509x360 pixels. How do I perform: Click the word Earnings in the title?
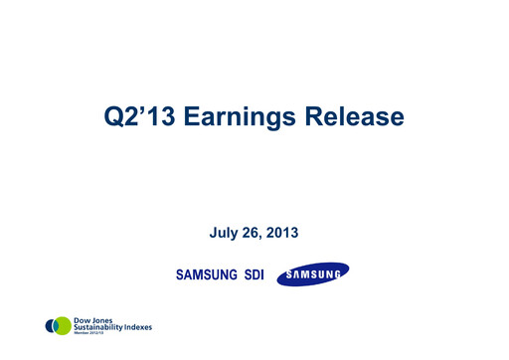240,117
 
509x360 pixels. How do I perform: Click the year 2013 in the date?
282,233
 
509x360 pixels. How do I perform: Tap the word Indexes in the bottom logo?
139,326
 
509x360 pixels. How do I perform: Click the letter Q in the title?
113,117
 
